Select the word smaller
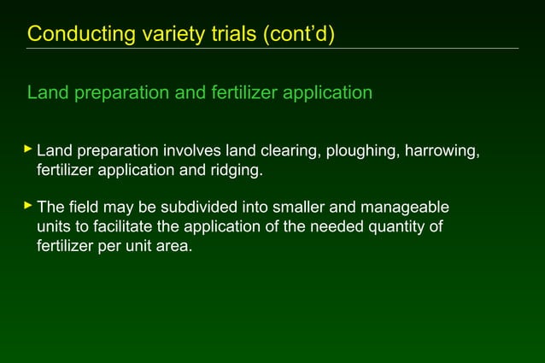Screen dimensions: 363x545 pos(287,208)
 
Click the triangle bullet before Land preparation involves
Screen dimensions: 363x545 pos(28,150)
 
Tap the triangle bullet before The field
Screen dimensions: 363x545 pos(28,207)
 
